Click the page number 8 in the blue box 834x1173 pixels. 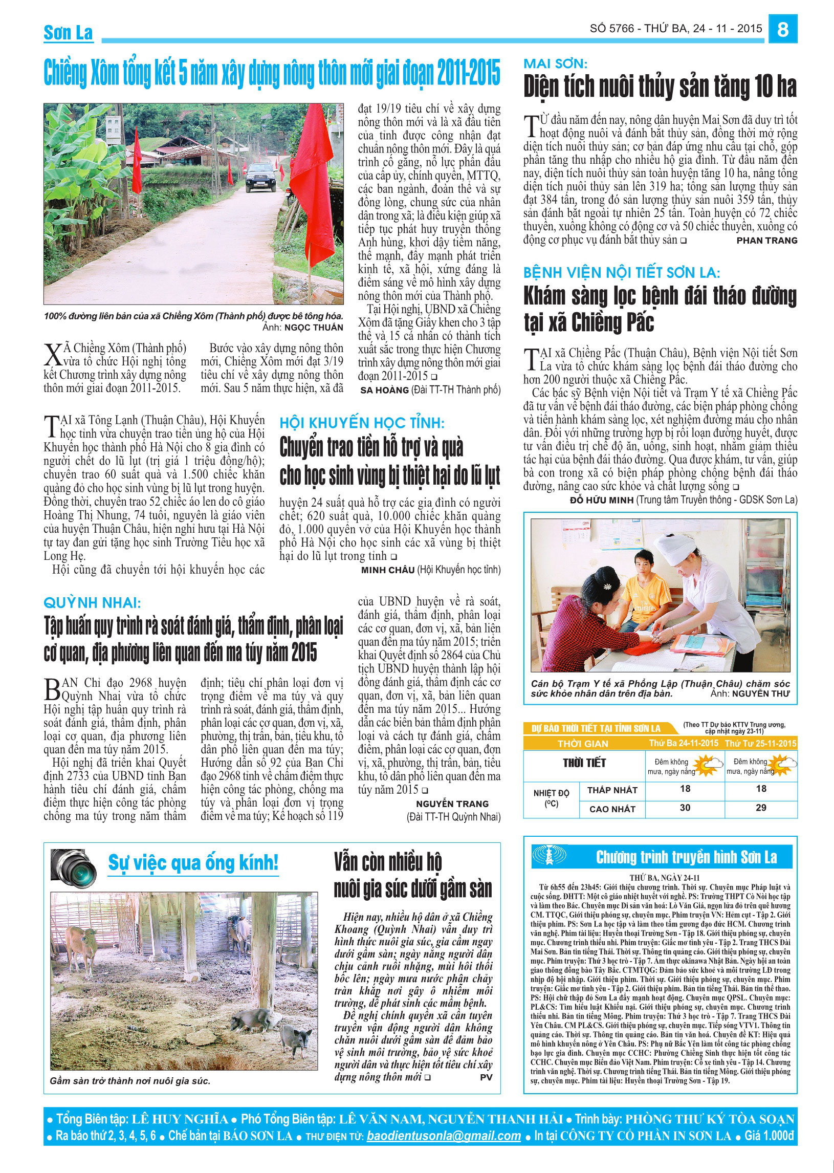tap(783, 29)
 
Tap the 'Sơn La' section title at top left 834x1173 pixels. tap(68, 33)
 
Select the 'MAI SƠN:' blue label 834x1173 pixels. tap(555, 63)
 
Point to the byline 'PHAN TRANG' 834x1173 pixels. tap(767, 241)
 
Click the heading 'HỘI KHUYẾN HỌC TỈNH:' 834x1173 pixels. tap(362, 423)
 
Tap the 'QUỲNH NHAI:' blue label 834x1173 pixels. tap(92, 602)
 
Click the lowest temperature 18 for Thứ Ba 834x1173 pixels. tap(685, 788)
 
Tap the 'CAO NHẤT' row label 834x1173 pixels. tap(612, 809)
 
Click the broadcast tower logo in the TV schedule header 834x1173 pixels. tap(548, 856)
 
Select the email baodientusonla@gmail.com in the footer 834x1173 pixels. tap(444, 1136)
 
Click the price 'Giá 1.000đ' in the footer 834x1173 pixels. tap(769, 1136)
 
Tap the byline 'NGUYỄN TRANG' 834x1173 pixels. tap(452, 803)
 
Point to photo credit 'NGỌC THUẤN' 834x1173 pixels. tap(313, 328)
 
